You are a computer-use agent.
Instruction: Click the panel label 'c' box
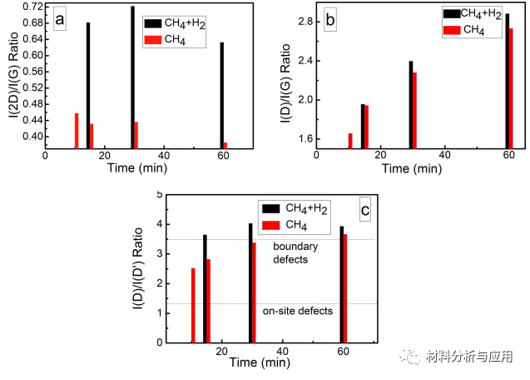pos(364,211)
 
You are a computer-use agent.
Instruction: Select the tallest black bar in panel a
pos(132,77)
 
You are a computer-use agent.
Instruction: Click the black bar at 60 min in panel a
pos(221,95)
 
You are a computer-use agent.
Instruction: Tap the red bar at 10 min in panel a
pos(77,131)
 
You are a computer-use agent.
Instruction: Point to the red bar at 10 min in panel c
pos(193,304)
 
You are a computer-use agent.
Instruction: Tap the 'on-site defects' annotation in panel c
pos(298,311)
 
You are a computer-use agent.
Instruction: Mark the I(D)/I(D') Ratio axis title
pos(137,267)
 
